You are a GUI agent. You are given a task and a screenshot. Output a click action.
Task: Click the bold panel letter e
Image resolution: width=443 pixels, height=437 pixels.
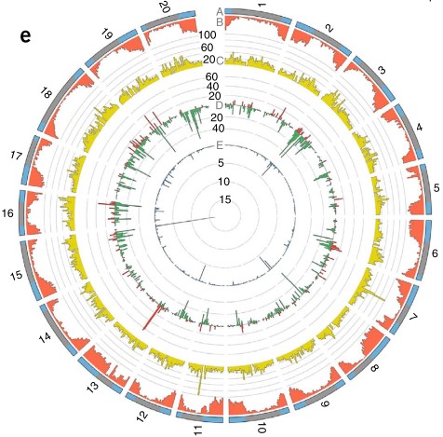point(25,36)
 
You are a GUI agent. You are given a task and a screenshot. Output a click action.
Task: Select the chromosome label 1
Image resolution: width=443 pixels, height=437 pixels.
point(262,5)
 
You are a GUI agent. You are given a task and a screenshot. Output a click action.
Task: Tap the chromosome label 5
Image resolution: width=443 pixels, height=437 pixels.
point(436,188)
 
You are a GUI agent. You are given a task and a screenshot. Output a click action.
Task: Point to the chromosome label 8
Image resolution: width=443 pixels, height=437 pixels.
point(375,368)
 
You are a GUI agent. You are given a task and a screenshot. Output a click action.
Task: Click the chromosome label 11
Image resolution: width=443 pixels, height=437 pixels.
point(197,430)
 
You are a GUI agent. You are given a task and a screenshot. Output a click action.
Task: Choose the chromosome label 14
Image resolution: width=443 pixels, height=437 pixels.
point(46,337)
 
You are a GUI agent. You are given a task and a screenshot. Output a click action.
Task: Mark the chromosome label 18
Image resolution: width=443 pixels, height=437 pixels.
point(46,92)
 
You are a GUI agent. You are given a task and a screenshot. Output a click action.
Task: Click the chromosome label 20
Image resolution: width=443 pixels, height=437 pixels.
point(165,7)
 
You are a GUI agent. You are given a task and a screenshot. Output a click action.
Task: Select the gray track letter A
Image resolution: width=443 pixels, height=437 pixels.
point(220,12)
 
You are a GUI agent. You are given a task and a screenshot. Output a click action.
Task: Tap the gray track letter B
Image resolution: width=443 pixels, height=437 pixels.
point(220,22)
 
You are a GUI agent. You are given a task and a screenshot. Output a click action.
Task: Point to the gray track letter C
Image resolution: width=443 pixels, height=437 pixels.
point(220,61)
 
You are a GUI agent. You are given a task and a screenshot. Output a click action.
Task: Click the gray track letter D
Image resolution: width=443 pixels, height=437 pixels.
point(219,105)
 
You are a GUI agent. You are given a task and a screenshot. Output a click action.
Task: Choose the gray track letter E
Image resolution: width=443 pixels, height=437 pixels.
point(220,145)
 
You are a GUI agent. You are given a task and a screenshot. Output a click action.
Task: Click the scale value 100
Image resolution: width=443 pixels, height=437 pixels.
point(208,35)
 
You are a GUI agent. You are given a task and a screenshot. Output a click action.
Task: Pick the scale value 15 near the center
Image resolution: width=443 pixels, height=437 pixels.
point(225,199)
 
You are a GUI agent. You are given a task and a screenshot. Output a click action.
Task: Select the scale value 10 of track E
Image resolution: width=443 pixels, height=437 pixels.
point(224,182)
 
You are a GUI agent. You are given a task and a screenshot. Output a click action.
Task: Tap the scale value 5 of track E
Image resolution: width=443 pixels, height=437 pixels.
point(221,163)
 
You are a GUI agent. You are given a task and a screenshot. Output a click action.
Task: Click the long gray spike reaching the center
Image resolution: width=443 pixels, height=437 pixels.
point(185,221)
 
